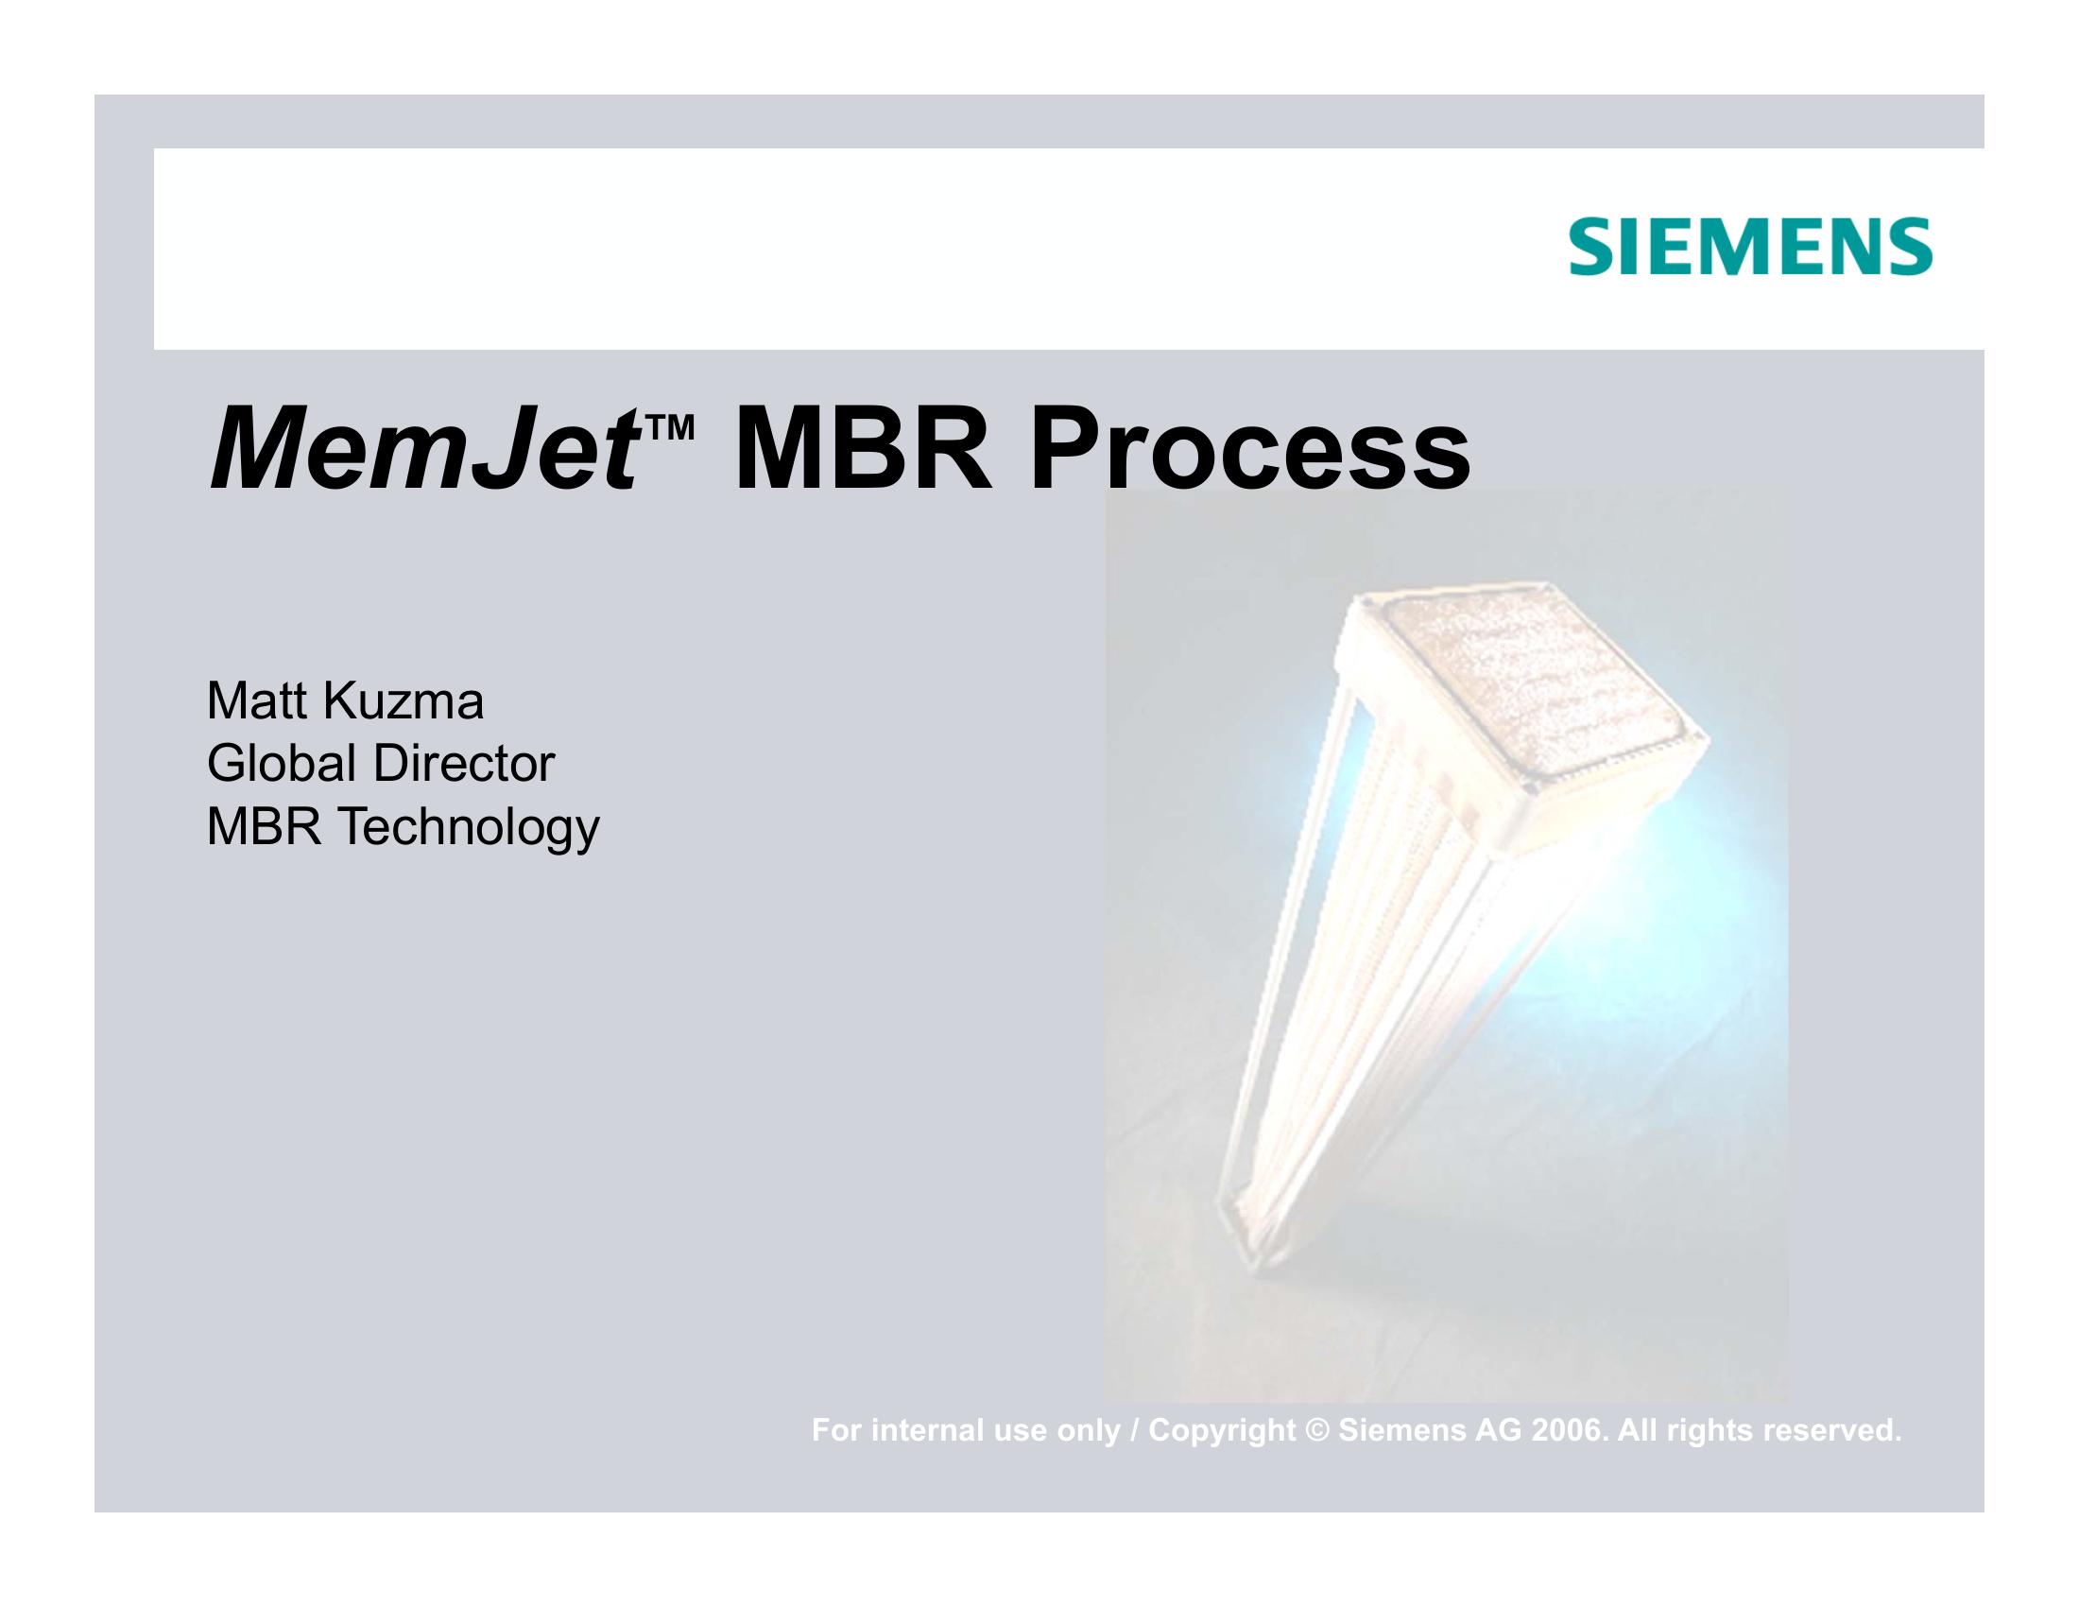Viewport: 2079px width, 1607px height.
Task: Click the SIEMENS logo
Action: point(1750,247)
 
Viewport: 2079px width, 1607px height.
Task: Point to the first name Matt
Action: point(255,701)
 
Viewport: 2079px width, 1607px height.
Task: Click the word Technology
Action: point(470,828)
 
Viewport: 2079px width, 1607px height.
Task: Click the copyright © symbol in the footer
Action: point(1317,1430)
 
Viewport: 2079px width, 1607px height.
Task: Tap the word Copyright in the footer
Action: point(1222,1431)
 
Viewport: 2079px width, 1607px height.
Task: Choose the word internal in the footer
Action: point(932,1430)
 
